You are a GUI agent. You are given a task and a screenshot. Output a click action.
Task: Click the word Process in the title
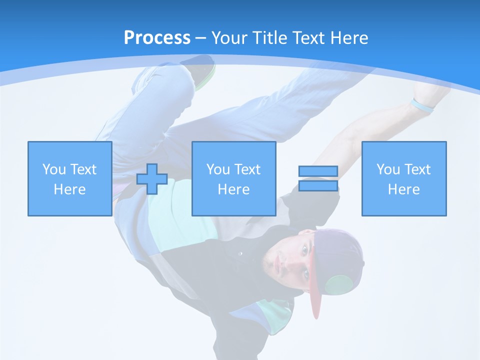[157, 38]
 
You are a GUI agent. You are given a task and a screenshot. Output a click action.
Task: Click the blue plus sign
[152, 179]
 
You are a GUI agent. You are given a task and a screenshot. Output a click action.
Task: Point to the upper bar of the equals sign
[318, 171]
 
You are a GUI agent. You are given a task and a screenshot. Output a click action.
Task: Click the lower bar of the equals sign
[318, 185]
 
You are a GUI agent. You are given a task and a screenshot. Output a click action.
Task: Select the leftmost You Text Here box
[70, 178]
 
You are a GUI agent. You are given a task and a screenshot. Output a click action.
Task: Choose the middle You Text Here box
[233, 178]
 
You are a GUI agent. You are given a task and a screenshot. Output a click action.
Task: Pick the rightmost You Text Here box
[403, 178]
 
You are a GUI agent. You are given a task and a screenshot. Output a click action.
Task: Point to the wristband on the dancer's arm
[421, 105]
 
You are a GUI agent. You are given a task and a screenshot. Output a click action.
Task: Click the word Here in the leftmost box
[70, 189]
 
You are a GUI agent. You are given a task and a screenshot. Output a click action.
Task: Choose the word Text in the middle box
[247, 169]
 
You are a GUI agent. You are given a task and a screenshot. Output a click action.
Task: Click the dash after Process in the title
[201, 38]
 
